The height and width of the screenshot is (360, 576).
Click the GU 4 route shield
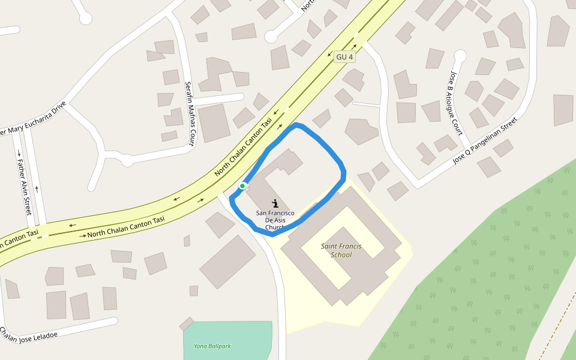click(x=345, y=57)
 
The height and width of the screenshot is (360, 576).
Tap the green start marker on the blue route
click(x=242, y=186)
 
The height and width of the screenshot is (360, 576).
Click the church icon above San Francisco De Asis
click(x=275, y=203)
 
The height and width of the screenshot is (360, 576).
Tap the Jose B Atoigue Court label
click(x=457, y=103)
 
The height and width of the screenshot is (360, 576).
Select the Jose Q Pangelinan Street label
click(x=485, y=142)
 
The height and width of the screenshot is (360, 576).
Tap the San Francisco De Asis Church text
click(x=275, y=220)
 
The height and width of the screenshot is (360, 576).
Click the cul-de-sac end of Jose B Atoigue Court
click(x=460, y=56)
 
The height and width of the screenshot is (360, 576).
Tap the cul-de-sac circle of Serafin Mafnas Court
click(x=127, y=160)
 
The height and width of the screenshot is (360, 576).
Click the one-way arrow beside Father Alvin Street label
click(x=19, y=153)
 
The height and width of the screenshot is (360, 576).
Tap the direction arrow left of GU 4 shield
click(x=329, y=55)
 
